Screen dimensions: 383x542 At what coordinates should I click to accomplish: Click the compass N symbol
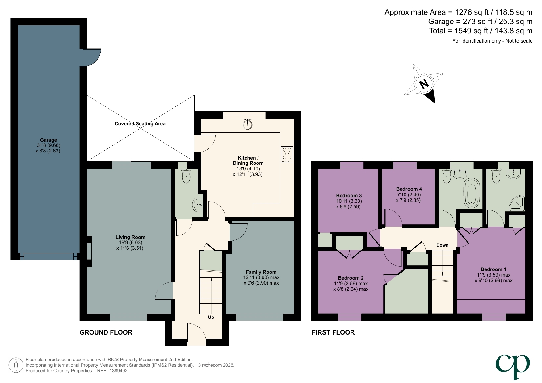424,84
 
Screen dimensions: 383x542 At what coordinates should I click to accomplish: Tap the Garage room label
48,140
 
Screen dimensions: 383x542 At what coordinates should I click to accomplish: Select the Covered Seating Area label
140,124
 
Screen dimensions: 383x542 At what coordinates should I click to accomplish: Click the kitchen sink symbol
248,124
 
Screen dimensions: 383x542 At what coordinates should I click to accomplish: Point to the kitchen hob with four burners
287,155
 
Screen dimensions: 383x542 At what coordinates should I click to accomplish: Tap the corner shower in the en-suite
516,203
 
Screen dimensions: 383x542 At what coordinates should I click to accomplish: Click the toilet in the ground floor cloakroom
186,177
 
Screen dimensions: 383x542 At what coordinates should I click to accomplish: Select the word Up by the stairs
211,317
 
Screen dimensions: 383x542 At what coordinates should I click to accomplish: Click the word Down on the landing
442,245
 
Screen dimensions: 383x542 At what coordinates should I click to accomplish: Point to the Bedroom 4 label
409,189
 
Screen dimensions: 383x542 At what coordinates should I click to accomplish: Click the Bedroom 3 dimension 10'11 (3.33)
349,201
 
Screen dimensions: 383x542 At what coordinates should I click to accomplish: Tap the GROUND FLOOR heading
106,332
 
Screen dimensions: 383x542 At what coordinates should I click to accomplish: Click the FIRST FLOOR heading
333,332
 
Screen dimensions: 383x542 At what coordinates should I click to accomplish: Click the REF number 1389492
119,371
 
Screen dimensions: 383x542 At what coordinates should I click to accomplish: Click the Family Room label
261,272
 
